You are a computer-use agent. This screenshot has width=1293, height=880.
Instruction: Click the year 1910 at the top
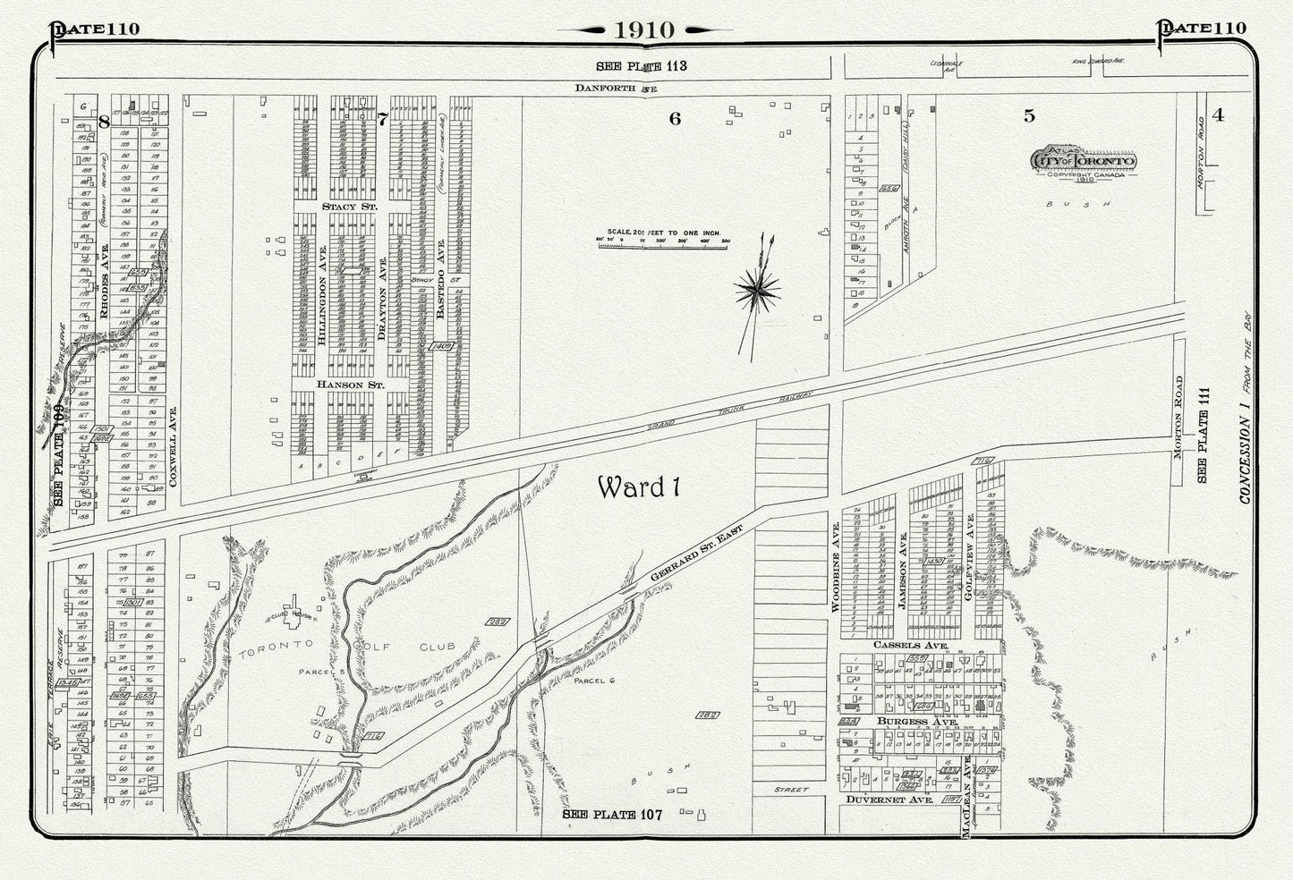tap(644, 29)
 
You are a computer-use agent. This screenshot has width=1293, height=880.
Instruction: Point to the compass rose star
tap(757, 289)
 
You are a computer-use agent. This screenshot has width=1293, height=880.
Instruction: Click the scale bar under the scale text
tap(664, 241)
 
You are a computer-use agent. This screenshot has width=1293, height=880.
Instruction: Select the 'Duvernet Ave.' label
tap(889, 801)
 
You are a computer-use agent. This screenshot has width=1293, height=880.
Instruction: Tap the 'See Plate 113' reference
tap(642, 66)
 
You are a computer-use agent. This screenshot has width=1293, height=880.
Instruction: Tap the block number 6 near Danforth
tap(675, 118)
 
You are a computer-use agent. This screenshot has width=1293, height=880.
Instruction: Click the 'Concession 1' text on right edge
tap(1246, 447)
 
